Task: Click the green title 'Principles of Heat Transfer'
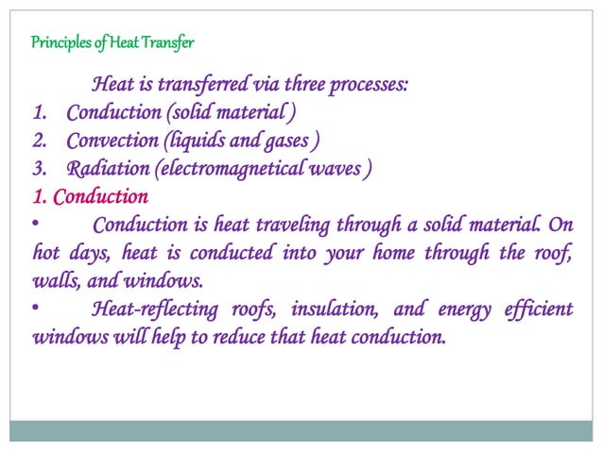tap(113, 42)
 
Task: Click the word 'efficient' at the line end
tap(541, 309)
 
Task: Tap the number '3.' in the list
tap(41, 170)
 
